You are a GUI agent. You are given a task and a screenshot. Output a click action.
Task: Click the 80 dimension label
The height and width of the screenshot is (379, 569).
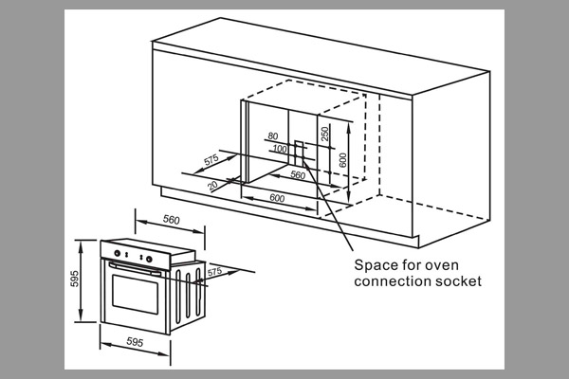click(x=273, y=136)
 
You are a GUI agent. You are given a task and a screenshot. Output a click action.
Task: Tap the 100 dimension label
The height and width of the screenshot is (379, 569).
click(x=280, y=149)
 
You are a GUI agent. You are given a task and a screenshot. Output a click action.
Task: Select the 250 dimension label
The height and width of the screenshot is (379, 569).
click(x=324, y=134)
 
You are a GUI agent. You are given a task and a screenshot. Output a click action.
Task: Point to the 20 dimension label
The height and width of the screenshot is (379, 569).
click(x=212, y=186)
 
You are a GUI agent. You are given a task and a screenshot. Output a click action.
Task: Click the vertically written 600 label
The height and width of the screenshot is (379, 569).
click(x=342, y=160)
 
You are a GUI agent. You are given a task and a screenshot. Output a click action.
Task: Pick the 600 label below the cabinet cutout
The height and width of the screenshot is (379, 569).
click(x=277, y=198)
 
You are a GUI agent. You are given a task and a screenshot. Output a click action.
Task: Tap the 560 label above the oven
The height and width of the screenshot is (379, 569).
click(x=172, y=220)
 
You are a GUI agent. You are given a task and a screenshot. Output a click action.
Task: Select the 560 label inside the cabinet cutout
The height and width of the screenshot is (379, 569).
click(x=298, y=174)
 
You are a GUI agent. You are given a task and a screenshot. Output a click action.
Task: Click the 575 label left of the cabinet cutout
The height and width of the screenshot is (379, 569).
click(x=211, y=159)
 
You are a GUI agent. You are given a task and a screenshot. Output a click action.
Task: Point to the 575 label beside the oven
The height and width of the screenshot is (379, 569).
click(x=214, y=272)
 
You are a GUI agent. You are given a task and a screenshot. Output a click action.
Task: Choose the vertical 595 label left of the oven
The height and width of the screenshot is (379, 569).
click(x=74, y=279)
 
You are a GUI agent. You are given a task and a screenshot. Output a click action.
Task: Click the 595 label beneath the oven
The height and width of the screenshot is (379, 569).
click(x=135, y=341)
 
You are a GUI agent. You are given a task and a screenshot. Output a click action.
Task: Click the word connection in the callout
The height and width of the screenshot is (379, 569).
click(x=391, y=281)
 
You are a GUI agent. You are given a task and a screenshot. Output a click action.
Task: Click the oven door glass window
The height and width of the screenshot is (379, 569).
click(x=136, y=294)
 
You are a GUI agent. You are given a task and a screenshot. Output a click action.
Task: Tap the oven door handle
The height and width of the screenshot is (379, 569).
click(x=135, y=269)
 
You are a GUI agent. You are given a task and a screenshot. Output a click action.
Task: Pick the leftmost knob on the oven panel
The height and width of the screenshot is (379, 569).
click(x=118, y=253)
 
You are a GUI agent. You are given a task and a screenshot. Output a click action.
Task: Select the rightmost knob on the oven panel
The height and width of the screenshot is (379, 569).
click(x=149, y=259)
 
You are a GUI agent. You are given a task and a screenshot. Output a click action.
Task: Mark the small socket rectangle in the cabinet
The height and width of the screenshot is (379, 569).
click(x=299, y=153)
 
